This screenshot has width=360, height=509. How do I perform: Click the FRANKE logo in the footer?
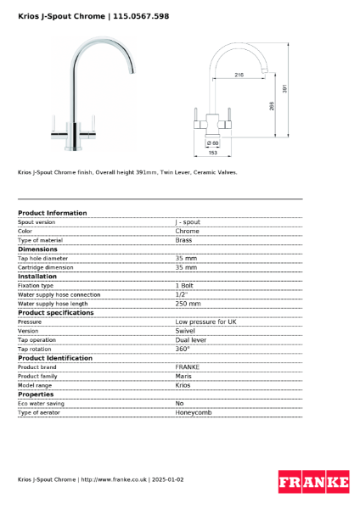(313, 481)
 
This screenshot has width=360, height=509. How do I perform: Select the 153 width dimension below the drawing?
(213, 153)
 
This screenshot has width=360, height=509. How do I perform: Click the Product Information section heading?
(52, 213)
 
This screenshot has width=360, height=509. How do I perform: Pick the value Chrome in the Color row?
(187, 231)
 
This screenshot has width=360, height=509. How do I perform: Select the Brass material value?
(183, 240)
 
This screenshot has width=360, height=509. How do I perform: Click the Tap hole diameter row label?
(42, 258)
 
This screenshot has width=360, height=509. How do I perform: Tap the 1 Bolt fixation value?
(184, 286)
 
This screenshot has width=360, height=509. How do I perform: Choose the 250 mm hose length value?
(188, 304)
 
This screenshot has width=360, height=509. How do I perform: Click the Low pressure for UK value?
(205, 322)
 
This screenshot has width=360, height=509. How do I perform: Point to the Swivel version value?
(185, 331)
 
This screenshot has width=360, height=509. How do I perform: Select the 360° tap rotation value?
(183, 349)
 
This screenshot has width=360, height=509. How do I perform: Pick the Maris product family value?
(183, 376)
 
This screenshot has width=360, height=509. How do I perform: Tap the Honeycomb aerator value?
(193, 412)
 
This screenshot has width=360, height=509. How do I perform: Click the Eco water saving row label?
(40, 404)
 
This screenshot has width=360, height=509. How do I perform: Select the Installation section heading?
(37, 277)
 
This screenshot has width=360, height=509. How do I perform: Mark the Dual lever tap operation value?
(190, 340)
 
